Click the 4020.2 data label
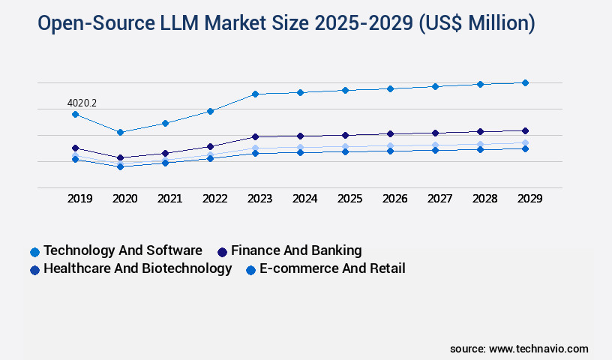pyautogui.click(x=82, y=103)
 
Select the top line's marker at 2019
pyautogui.click(x=75, y=114)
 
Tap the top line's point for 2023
pyautogui.click(x=255, y=94)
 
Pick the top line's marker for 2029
pyautogui.click(x=525, y=82)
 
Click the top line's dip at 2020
pyautogui.click(x=120, y=132)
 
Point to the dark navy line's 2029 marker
pyautogui.click(x=525, y=130)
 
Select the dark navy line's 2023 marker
pyautogui.click(x=255, y=136)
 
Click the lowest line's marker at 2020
pyautogui.click(x=120, y=166)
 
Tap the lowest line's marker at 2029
pyautogui.click(x=525, y=148)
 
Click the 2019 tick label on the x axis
pyautogui.click(x=80, y=199)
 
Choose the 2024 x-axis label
pyautogui.click(x=305, y=199)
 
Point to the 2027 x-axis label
pyautogui.click(x=440, y=199)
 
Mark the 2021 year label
pyautogui.click(x=170, y=199)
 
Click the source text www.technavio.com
pyautogui.click(x=538, y=349)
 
